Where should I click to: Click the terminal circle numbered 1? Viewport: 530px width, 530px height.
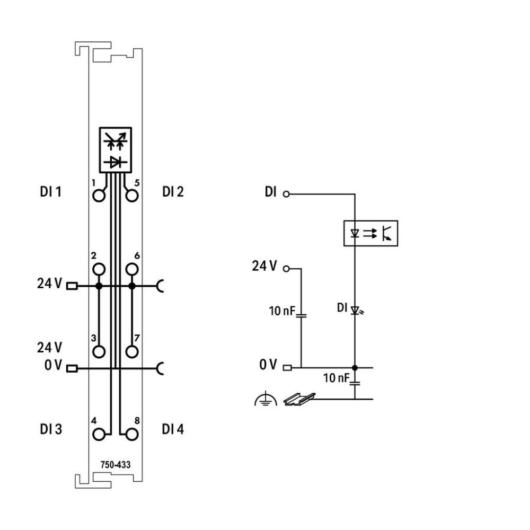point(99,196)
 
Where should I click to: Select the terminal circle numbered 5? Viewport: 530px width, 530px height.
point(132,196)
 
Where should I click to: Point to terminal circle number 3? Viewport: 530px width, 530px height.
point(99,351)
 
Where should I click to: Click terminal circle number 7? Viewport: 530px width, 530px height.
point(132,351)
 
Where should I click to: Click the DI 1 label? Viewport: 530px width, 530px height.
point(51,192)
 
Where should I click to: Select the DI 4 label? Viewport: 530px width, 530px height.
point(173,429)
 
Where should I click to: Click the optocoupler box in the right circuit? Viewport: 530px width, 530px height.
point(370,233)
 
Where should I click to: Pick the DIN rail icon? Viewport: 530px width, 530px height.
point(299,399)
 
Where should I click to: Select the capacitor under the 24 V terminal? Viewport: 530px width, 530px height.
point(301,316)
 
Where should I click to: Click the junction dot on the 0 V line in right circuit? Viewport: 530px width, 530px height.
point(355,367)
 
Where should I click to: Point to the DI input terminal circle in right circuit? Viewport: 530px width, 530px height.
point(287,193)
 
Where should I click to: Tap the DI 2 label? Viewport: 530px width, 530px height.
point(173,192)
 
